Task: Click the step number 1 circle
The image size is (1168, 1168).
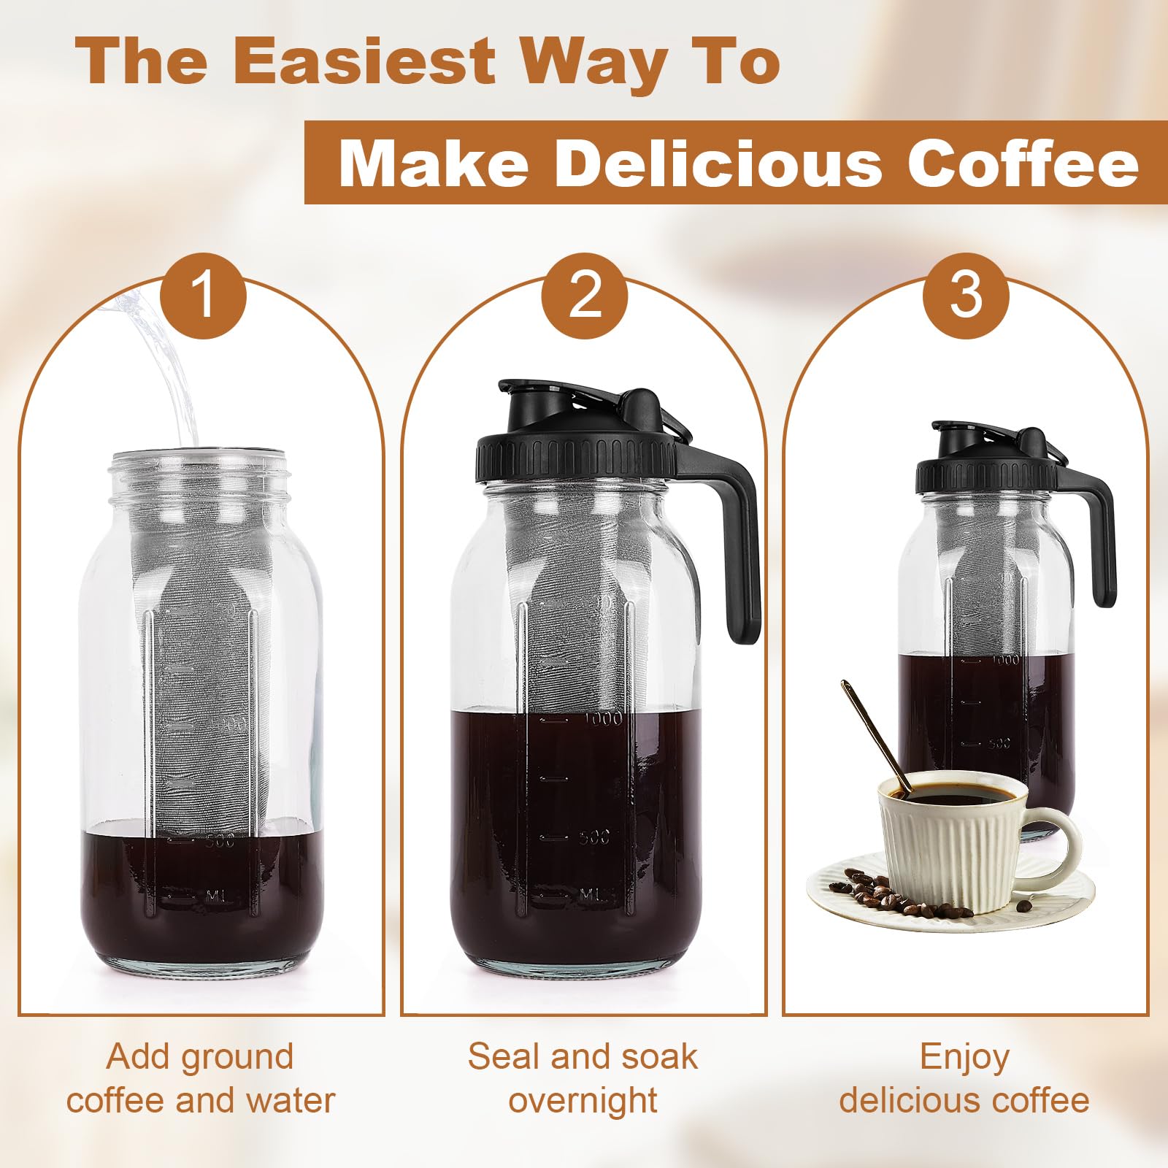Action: point(203,295)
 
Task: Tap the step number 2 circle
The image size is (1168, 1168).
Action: point(584,295)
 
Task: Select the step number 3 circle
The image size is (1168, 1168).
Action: point(965,295)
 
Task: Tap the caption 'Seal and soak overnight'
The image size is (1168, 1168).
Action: point(583,1077)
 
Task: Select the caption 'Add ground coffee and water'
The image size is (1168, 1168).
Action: point(201,1077)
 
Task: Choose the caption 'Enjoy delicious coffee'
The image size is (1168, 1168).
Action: point(964,1077)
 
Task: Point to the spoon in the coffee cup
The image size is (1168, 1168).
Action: point(872,730)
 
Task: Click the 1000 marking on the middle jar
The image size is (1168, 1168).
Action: point(603,718)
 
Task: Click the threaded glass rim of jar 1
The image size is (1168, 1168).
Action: point(200,474)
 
